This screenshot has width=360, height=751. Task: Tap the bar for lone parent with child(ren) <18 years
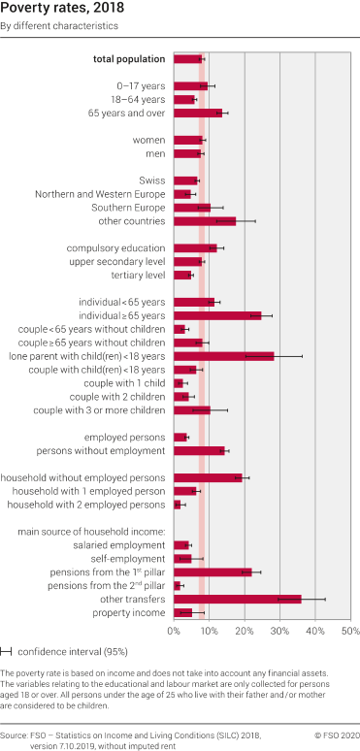pos(223,356)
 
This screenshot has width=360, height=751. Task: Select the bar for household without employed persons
pos(207,477)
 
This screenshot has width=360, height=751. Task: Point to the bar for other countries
pos(204,220)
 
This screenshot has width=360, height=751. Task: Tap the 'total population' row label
pos(129,59)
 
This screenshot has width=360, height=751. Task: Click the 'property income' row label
pos(129,612)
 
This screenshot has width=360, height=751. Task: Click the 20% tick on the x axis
pos(244,632)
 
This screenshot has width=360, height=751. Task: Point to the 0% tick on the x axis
pos(174,632)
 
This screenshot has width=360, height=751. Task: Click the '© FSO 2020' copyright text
pos(336,736)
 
